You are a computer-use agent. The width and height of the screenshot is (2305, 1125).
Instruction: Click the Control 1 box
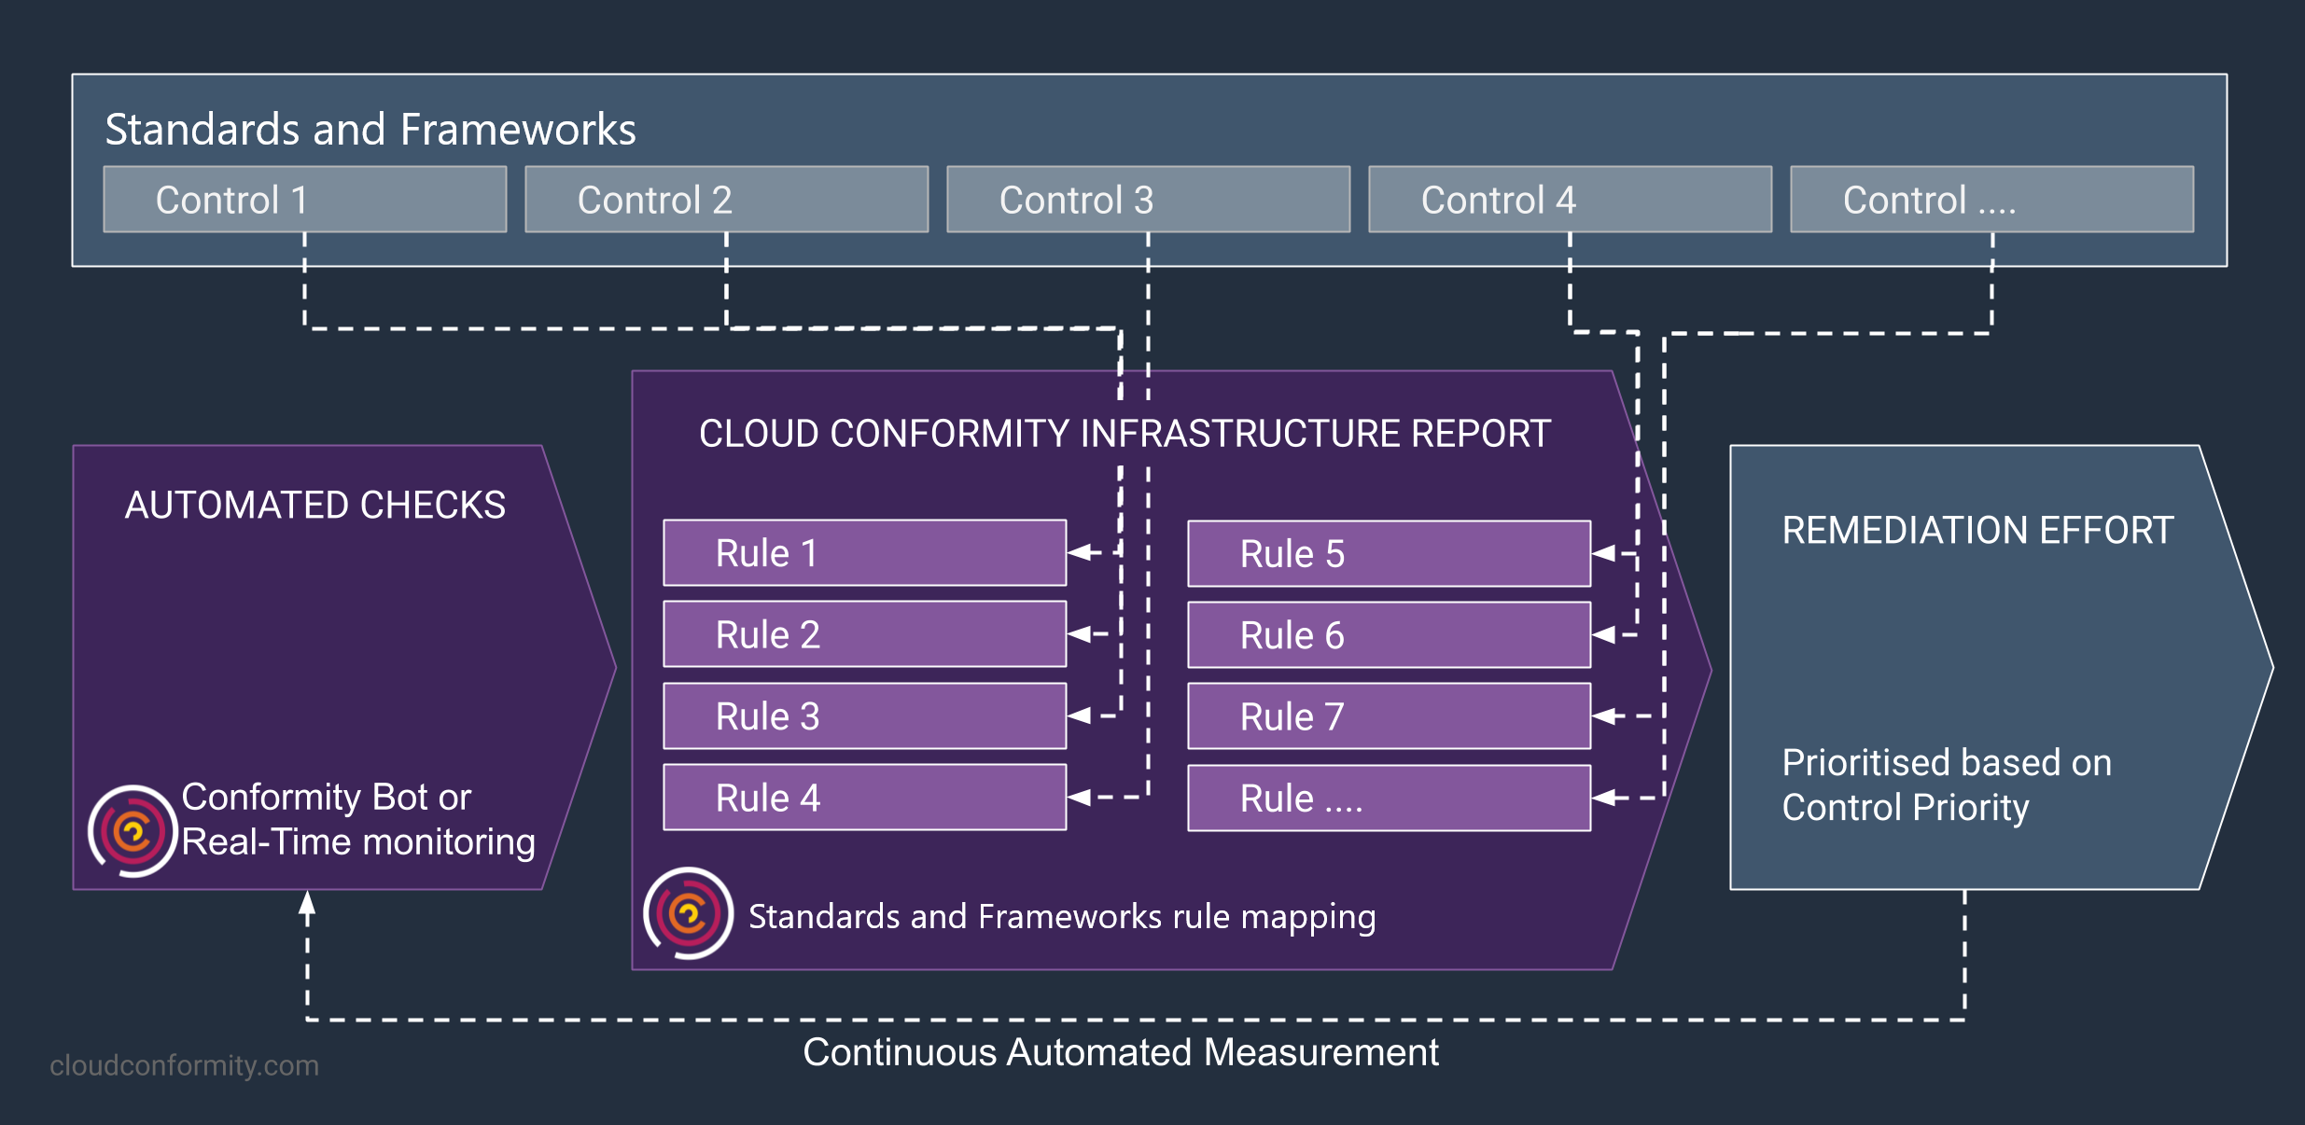click(305, 200)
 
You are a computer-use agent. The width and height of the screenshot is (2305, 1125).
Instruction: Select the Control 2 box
click(727, 200)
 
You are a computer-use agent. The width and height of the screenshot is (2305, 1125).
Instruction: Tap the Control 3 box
click(1149, 200)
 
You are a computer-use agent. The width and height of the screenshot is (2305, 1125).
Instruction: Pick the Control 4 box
click(1571, 200)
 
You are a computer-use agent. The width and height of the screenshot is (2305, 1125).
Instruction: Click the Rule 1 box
click(865, 553)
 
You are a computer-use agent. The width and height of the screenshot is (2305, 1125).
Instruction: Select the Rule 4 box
click(865, 798)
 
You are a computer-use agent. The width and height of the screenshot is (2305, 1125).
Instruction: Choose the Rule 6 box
click(1390, 635)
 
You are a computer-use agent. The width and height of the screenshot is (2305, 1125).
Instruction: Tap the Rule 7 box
click(1390, 716)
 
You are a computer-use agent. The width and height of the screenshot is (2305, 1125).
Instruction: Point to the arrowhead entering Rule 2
click(1079, 634)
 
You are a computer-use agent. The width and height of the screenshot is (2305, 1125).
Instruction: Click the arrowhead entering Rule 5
click(1603, 553)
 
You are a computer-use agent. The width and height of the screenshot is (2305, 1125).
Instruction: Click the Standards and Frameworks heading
click(370, 129)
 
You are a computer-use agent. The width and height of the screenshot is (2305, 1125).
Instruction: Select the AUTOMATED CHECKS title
click(315, 505)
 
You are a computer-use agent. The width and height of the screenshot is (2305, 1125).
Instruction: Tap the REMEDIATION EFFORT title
click(1977, 530)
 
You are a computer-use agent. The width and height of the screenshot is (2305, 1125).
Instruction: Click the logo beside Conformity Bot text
click(133, 830)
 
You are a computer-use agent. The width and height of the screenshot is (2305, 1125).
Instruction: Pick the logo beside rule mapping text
click(688, 913)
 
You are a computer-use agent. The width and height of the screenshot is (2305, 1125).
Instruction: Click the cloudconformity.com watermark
click(184, 1065)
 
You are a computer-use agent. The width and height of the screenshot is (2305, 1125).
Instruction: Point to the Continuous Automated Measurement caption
click(1121, 1052)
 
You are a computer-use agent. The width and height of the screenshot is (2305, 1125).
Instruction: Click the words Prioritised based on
click(1947, 763)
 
